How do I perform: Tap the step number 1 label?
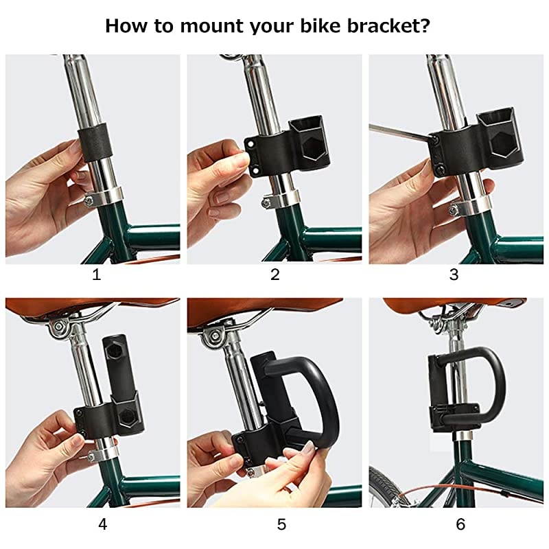pos(96,275)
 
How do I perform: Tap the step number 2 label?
pos(275,275)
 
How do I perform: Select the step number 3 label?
pos(454,275)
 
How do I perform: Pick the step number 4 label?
pos(102,524)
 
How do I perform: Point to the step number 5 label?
pos(281,524)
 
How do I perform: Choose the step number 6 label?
pos(460,524)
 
